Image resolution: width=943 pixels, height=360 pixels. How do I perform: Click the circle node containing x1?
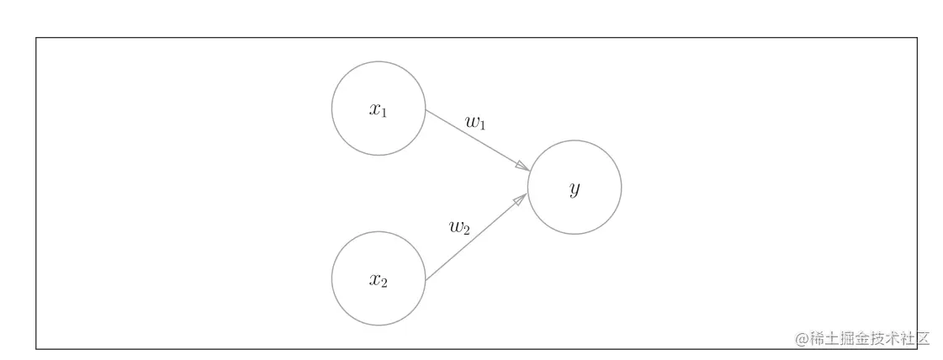379,109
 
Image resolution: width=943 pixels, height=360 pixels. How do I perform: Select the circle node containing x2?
379,279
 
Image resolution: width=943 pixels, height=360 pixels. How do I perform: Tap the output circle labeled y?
575,187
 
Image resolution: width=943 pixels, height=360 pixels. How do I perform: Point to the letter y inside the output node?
575,189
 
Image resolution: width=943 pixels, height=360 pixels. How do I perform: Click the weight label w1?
476,123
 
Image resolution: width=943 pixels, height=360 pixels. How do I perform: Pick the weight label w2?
459,227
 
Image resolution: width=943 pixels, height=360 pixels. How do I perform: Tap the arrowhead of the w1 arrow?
522,166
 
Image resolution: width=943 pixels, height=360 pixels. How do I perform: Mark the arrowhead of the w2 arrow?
521,199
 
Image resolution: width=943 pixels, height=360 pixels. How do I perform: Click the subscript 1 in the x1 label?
384,113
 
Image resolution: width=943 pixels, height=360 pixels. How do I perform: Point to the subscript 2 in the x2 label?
384,283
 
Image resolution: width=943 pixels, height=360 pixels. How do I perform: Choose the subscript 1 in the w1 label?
483,126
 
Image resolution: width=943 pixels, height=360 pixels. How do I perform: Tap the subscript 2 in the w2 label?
466,230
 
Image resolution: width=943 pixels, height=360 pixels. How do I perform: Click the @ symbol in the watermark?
803,339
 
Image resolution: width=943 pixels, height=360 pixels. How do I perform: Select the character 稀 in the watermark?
817,339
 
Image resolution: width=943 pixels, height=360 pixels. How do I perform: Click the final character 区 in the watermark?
922,339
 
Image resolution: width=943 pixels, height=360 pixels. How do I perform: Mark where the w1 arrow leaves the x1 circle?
426,110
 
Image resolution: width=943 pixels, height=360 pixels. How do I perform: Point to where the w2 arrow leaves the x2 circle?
426,280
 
